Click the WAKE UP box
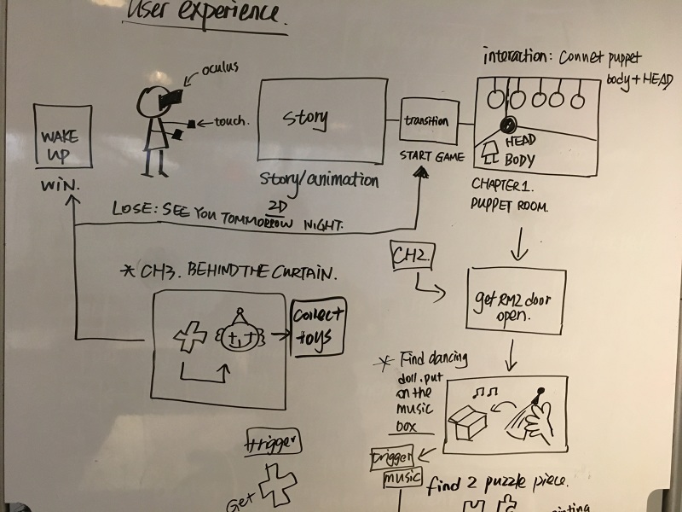coord(62,137)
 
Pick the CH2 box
coord(412,253)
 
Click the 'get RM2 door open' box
coord(517,300)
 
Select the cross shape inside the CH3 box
coord(188,335)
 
